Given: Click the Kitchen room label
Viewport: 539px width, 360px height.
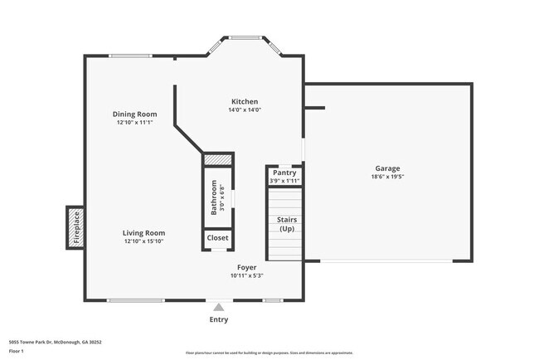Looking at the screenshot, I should point(245,101).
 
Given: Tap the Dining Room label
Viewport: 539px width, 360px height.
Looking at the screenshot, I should point(135,114).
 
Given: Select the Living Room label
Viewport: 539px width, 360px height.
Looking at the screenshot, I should point(144,233).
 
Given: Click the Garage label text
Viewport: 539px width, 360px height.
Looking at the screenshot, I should point(387,168).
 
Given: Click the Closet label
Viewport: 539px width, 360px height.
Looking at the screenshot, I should point(218,238).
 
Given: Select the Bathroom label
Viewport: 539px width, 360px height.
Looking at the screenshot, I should point(214,197).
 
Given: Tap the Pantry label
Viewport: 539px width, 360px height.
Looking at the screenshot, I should point(284,173).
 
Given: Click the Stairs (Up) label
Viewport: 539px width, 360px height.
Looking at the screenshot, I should point(286,224).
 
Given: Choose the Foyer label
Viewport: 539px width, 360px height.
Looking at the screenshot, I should point(247,267).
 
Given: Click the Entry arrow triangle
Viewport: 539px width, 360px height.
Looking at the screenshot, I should point(219,307).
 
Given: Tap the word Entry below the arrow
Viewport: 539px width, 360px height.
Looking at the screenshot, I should point(219,319).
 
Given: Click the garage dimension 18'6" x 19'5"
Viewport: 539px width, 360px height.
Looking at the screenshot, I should point(387,177).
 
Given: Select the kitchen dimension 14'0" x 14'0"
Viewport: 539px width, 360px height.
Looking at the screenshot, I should point(245,109).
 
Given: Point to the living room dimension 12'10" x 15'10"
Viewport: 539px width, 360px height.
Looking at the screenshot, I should point(144,241).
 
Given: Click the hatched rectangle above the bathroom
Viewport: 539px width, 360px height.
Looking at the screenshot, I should point(217,158).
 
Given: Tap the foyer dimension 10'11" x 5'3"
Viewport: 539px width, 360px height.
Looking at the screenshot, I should point(247,275).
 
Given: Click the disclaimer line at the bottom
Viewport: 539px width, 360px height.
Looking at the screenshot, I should point(269,353).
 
